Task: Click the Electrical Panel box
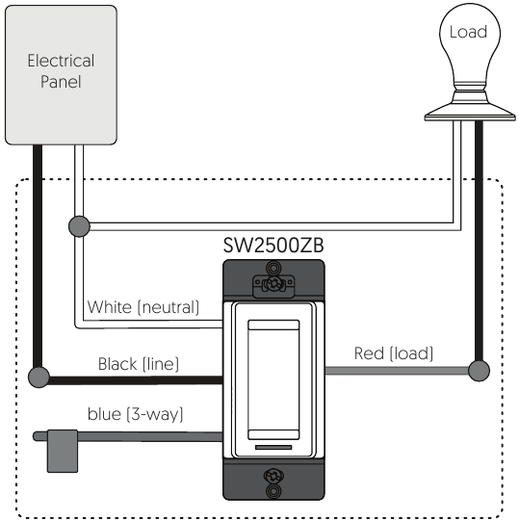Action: point(61,75)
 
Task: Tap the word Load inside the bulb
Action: point(468,32)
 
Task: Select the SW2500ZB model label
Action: point(273,246)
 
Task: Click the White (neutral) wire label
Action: point(143,307)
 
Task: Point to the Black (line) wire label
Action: point(139,364)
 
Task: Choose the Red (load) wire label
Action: point(394,353)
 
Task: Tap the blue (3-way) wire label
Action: point(135,414)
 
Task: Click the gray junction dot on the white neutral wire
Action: point(79,226)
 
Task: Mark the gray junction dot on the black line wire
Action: point(39,378)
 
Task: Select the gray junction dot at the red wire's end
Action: point(479,371)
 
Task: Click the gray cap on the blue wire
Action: point(63,451)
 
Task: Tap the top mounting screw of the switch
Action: point(273,283)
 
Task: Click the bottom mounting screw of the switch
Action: point(273,476)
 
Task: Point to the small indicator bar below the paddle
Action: point(273,447)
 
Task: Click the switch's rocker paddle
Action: point(273,379)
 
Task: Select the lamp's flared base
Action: point(470,111)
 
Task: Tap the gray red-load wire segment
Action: point(397,371)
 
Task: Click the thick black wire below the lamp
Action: point(479,241)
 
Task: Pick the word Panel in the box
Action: point(61,82)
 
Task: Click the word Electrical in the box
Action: point(61,61)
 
